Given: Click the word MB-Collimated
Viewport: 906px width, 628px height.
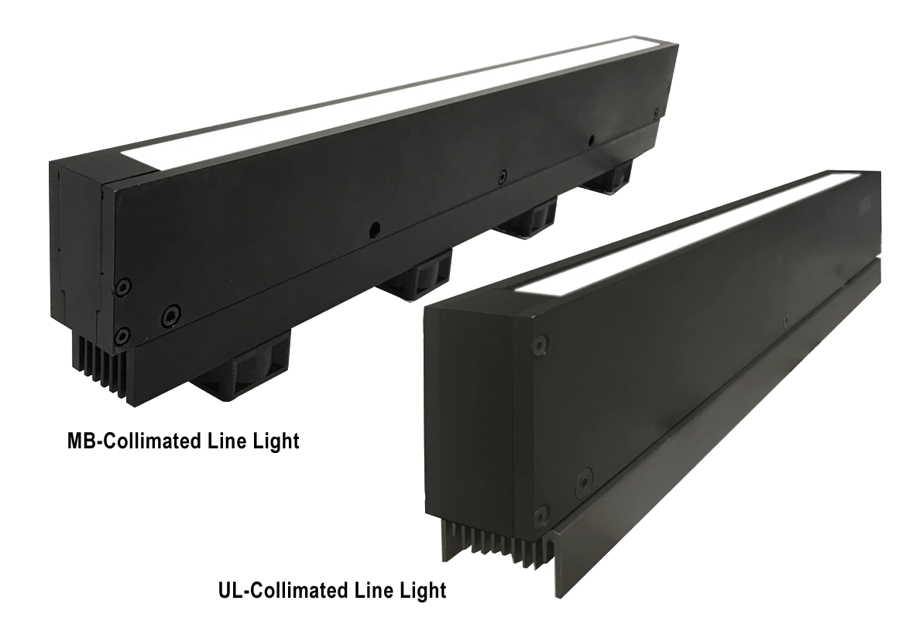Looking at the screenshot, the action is (x=128, y=441).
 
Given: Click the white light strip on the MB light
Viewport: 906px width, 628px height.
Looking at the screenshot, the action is (x=399, y=98).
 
